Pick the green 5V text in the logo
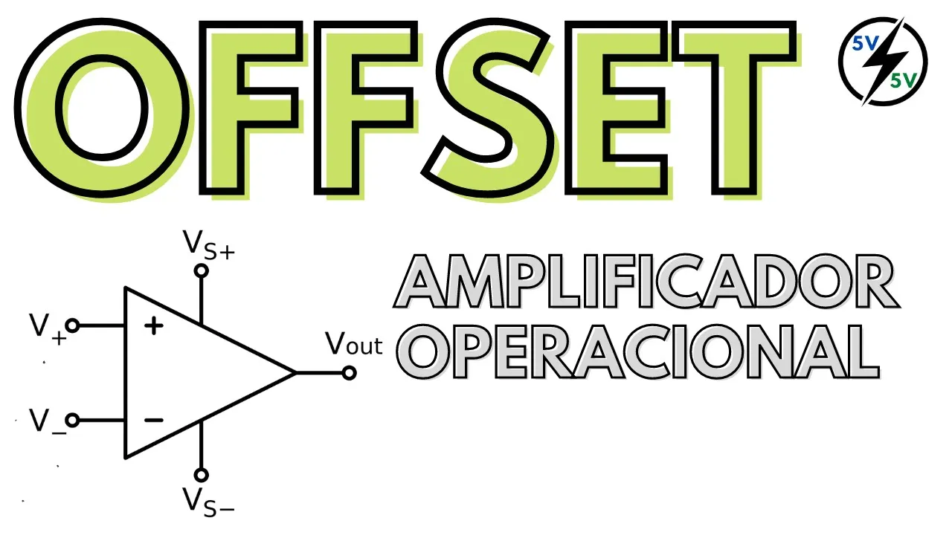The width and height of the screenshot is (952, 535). tap(903, 81)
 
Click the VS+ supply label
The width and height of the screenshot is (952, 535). tap(208, 244)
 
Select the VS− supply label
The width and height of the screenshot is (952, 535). tap(208, 501)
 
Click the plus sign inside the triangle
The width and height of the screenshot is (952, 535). tap(153, 325)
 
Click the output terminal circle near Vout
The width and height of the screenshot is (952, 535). tap(349, 373)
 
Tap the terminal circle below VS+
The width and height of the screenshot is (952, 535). tap(201, 270)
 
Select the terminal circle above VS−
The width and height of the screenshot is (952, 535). tap(201, 474)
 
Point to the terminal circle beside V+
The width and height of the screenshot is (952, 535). tap(72, 325)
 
